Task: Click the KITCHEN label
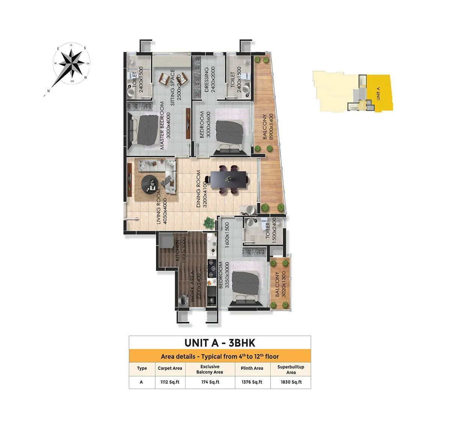[x=180, y=251]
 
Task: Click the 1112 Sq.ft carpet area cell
[x=170, y=382]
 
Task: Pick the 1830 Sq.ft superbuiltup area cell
[x=291, y=382]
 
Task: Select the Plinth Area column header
[x=252, y=368]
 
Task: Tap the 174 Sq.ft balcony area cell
[x=210, y=382]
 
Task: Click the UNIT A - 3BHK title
[x=220, y=343]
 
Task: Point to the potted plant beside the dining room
[x=209, y=222]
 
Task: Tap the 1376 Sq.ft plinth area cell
[x=252, y=382]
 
